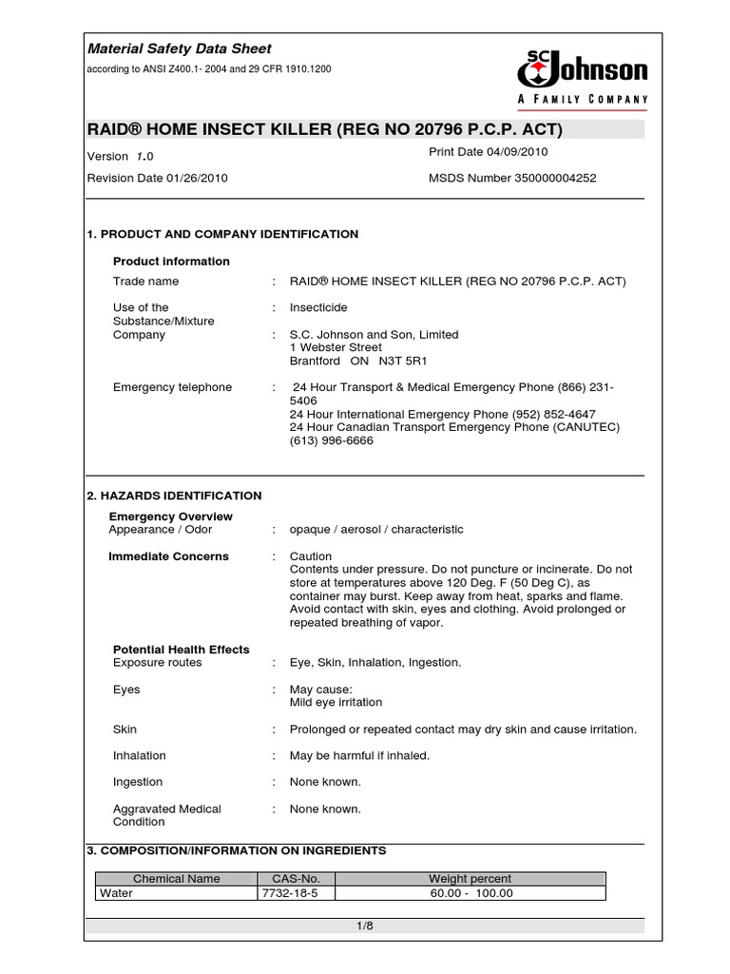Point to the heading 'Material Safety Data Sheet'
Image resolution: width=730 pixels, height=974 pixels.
pos(180,49)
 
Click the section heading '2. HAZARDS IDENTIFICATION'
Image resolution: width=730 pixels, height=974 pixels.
pos(174,496)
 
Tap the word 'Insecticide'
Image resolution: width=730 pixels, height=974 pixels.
pos(318,308)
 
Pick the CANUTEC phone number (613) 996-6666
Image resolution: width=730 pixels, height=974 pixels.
pos(332,441)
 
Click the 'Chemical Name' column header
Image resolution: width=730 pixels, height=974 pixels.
pos(176,879)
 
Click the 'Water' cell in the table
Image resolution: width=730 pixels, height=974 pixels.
pos(116,893)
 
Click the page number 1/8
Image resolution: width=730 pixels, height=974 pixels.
pos(365,926)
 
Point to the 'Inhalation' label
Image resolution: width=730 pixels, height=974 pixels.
pos(139,756)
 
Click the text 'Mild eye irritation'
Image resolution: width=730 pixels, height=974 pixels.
pos(336,703)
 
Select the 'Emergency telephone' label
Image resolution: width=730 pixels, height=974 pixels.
pos(172,387)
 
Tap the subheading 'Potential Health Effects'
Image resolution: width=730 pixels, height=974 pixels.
pos(181,650)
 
